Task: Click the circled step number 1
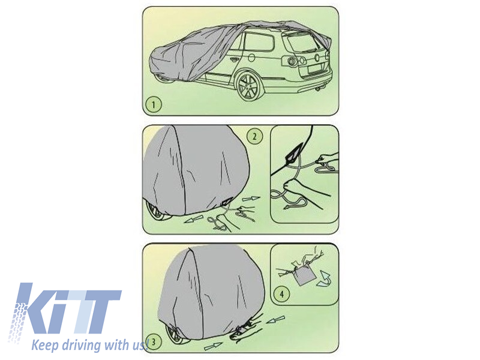pos(154,104)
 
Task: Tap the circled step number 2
pos(254,136)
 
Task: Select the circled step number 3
pos(154,341)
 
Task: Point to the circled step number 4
pos(281,294)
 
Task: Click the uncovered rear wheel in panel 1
pos(248,86)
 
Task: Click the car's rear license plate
pos(316,68)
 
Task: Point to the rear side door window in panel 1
pos(259,41)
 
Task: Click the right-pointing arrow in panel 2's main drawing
pos(251,199)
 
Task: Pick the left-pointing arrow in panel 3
pos(275,320)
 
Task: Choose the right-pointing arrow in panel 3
pos(213,346)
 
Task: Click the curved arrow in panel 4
pos(323,279)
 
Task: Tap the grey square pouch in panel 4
pos(305,275)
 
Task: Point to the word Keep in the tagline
pos(45,346)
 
